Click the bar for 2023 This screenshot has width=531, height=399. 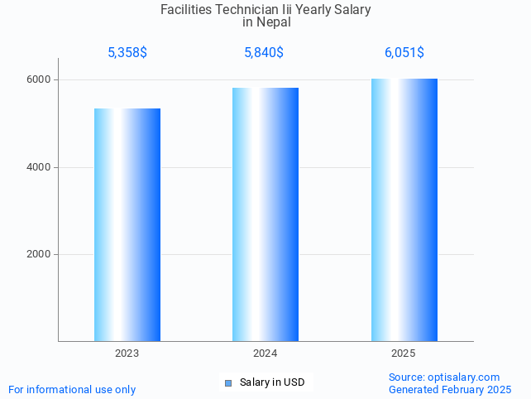127,224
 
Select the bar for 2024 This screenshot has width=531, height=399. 265,214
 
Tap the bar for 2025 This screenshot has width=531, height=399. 404,209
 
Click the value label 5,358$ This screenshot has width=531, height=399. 127,53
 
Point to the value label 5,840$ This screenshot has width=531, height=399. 264,53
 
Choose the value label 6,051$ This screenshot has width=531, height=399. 404,53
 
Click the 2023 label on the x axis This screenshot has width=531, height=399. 127,353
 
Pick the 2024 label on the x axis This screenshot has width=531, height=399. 265,353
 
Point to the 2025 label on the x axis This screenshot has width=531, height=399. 404,353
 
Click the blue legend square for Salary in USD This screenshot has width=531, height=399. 228,382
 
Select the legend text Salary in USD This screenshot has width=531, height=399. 272,382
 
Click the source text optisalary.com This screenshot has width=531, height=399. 464,377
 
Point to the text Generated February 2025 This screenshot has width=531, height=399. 450,389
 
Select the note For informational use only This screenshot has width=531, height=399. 72,389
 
